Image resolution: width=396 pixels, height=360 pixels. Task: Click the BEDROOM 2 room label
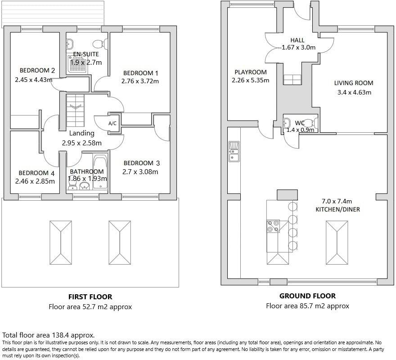point(37,70)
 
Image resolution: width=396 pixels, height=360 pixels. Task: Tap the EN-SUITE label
point(85,54)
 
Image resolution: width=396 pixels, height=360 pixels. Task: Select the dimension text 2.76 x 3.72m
point(140,81)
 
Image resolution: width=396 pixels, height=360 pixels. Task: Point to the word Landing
point(81,133)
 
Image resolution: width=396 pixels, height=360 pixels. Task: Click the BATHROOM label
point(87,171)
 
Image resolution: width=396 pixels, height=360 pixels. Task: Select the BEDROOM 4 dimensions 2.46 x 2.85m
point(35,181)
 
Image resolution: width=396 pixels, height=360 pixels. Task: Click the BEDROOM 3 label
point(141,163)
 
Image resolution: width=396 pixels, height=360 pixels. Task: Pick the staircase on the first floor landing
point(75,110)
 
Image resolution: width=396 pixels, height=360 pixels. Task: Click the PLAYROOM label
point(251,72)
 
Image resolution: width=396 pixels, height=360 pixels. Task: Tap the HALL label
point(297,40)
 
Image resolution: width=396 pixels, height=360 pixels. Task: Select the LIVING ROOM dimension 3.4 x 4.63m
point(354,93)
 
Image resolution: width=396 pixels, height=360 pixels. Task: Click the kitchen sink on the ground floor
point(234,152)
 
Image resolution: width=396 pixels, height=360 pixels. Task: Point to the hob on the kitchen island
point(273,226)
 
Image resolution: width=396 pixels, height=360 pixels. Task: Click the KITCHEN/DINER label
point(338,209)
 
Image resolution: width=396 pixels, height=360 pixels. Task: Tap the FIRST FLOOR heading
point(90,297)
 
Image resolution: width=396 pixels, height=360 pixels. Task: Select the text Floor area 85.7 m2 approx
point(307,306)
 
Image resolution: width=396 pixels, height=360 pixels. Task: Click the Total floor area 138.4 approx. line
point(49,335)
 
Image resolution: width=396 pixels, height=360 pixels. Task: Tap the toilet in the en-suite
point(99,44)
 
